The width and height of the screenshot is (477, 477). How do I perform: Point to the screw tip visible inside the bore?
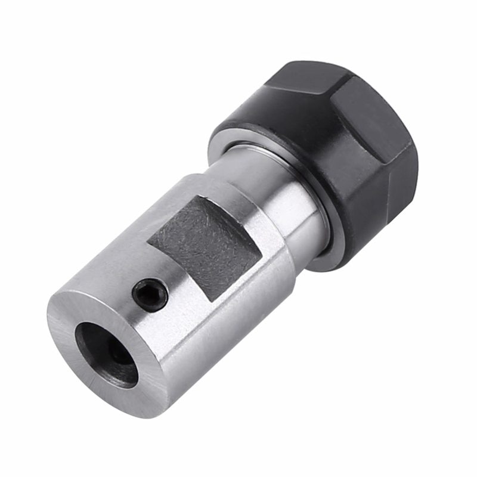pyautogui.click(x=119, y=357)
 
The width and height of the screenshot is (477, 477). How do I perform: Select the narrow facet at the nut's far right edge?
pyautogui.click(x=411, y=167)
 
